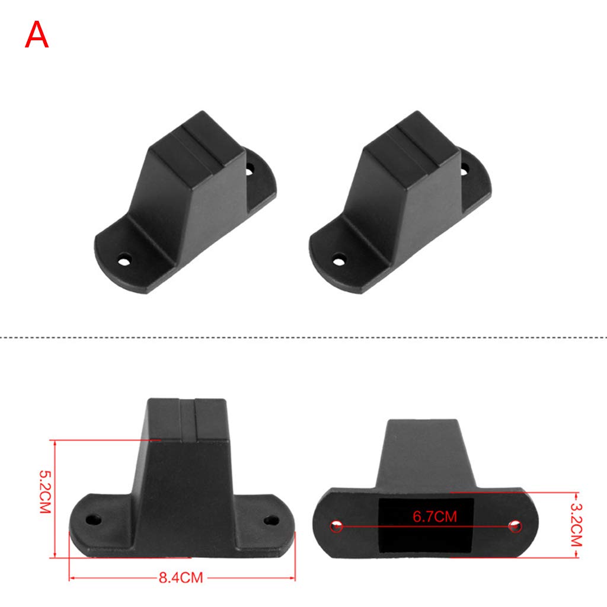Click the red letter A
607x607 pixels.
click(37, 35)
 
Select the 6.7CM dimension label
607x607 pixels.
click(435, 516)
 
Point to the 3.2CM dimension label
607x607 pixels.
click(576, 525)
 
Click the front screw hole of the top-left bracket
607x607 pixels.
click(124, 260)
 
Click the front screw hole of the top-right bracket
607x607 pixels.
click(339, 260)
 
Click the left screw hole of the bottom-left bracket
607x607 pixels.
click(92, 520)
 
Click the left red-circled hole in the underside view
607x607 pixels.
click(337, 525)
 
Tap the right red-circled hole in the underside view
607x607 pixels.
click(515, 526)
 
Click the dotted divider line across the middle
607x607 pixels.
click(303, 337)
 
